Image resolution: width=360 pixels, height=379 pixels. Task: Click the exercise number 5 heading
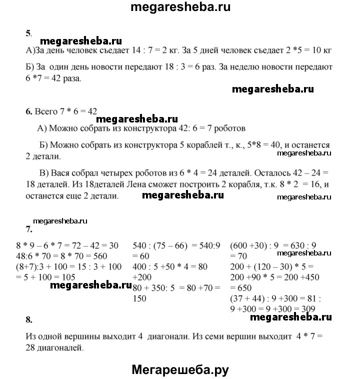[x=28, y=33]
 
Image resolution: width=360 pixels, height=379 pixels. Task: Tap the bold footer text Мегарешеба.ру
[x=180, y=369]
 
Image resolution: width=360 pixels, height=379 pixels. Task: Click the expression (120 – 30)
[x=281, y=267]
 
